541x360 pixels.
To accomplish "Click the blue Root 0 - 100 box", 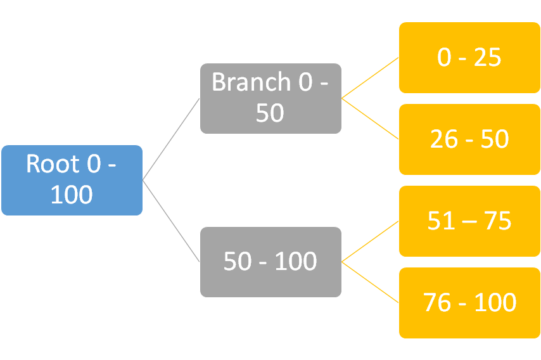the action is (72, 180).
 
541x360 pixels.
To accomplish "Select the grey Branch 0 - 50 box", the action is (271, 98).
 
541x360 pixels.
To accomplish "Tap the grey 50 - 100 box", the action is (271, 262).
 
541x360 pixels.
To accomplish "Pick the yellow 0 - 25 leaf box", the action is (469, 58).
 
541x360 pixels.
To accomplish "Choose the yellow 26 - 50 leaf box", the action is (469, 139).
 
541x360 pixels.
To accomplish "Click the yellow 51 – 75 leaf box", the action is (469, 221).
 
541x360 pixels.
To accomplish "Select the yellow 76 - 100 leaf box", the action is (469, 303).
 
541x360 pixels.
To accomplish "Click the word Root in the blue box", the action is (53, 164).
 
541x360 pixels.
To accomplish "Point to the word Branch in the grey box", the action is (251, 82).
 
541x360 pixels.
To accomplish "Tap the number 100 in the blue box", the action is (72, 195).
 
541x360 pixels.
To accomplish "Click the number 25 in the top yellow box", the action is (487, 57).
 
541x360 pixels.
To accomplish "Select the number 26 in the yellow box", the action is (444, 139).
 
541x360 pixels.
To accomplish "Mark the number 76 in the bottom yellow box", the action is (437, 303).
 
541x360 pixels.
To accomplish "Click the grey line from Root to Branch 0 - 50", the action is (171, 139).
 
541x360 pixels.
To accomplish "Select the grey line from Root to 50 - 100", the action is (171, 221).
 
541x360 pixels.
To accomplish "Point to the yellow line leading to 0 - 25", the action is (370, 78).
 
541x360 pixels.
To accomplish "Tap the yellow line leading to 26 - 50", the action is (370, 119).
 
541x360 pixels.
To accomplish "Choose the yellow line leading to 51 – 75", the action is (370, 241).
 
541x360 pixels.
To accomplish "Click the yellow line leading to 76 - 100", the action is (370, 282).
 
